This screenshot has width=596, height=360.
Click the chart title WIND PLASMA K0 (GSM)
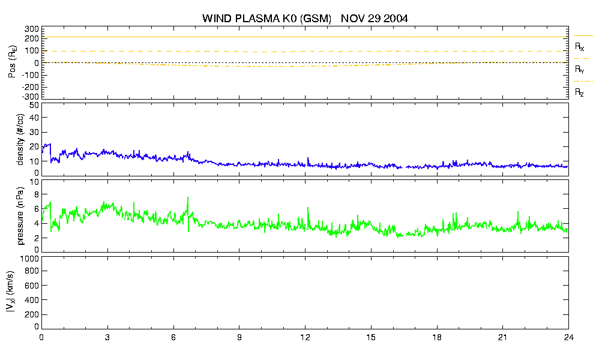coord(267,19)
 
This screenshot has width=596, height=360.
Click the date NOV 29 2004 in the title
coord(375,18)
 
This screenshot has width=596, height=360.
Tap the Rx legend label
coord(579,47)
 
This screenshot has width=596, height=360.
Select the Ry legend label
coord(579,70)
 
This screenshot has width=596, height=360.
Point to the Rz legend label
coord(579,92)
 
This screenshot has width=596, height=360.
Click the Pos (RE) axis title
coord(13,62)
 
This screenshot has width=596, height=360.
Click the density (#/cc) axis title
coord(20,140)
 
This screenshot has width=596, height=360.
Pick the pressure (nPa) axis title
coord(20,216)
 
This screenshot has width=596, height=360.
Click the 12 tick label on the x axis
coord(305,337)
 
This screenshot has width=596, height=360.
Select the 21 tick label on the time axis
coord(502,337)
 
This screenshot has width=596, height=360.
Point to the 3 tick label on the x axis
coord(107,337)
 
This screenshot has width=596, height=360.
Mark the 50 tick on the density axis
coord(34,105)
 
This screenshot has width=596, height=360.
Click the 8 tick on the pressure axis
coord(37,194)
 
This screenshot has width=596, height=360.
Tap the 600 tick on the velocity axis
coord(32,286)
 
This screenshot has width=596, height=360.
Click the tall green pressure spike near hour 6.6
coord(188,207)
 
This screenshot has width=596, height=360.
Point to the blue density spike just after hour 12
coord(308,160)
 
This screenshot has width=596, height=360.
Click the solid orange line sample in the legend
coord(583,36)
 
